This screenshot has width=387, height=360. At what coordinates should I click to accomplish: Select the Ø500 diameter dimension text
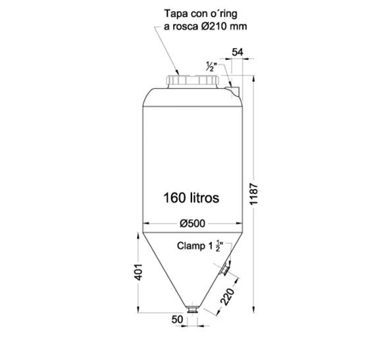pos(192,223)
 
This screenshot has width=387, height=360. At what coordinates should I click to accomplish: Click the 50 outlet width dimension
pos(177,319)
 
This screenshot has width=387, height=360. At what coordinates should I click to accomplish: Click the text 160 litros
pos(191,197)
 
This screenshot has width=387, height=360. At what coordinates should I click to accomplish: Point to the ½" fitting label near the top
pos(209,66)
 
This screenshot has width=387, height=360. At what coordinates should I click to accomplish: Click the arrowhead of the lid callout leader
pos(178,73)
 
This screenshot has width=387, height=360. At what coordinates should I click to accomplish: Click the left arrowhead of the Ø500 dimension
pos(146,223)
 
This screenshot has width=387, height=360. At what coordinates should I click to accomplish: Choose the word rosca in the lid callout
pos(186,27)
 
